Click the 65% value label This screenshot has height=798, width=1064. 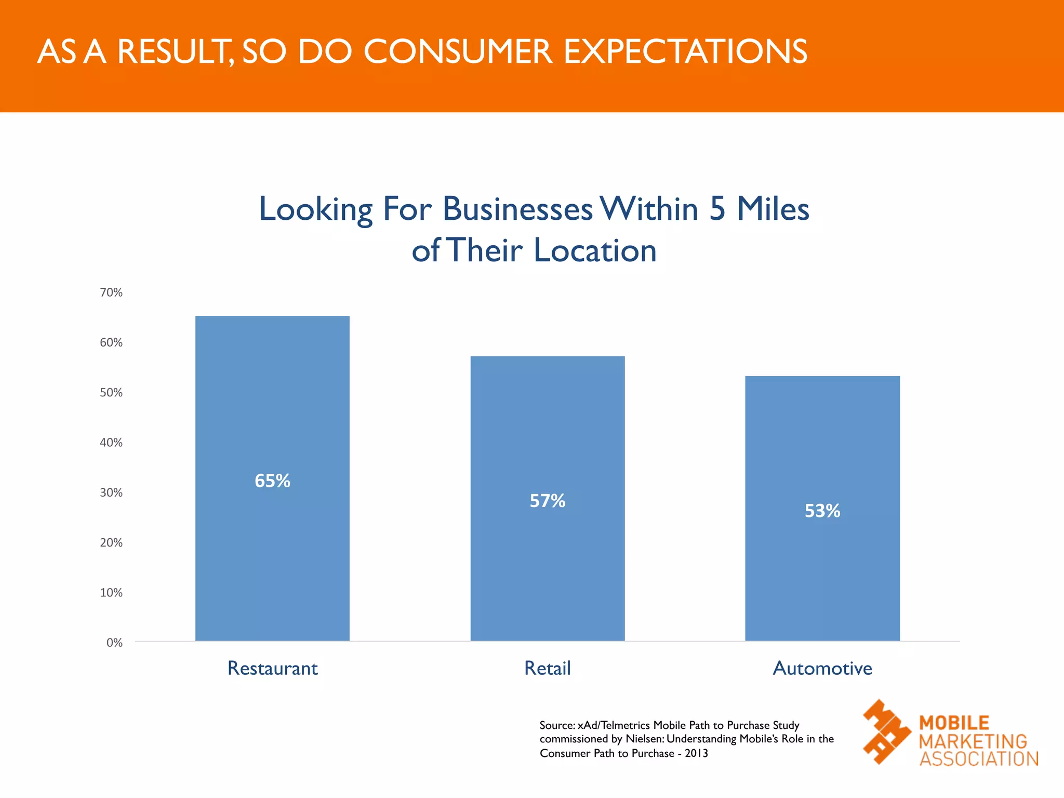[272, 481]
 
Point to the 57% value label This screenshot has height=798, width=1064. [548, 501]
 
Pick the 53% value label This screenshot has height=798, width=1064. [822, 511]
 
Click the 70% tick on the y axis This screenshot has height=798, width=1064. [111, 292]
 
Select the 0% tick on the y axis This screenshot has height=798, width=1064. [114, 643]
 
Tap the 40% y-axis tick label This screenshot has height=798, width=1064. [111, 443]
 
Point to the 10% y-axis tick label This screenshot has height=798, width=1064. [111, 593]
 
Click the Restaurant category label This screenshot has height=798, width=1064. [272, 668]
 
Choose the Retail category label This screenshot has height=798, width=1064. [548, 668]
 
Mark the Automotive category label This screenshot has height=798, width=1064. [822, 668]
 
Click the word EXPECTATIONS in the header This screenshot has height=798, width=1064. [685, 51]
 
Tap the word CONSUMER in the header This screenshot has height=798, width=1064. [458, 51]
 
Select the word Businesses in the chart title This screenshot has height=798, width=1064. [517, 209]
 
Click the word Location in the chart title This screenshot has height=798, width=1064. [595, 250]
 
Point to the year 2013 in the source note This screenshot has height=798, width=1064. [696, 753]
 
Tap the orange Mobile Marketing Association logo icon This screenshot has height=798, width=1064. [886, 731]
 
